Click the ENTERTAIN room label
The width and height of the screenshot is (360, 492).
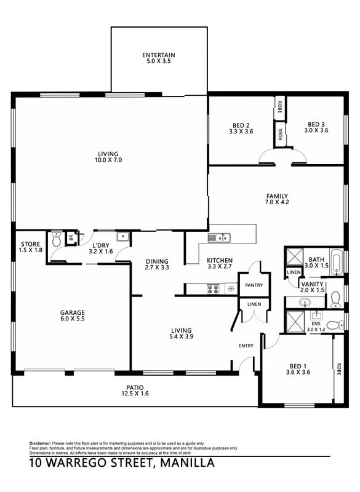click(x=159, y=55)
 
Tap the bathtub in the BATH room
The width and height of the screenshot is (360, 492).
click(x=337, y=263)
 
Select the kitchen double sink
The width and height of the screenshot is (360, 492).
click(x=219, y=238)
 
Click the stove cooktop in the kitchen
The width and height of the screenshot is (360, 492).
click(x=213, y=288)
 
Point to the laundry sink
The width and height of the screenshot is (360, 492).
click(x=122, y=237)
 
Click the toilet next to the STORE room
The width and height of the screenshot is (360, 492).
click(x=57, y=239)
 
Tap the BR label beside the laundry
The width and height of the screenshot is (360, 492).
click(x=71, y=238)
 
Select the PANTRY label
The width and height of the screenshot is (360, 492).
click(x=254, y=285)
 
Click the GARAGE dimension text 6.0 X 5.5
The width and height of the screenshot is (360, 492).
click(x=73, y=319)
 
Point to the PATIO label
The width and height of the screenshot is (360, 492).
click(x=135, y=387)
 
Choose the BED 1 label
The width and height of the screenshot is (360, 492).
click(x=298, y=366)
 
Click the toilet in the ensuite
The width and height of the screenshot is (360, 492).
click(x=335, y=325)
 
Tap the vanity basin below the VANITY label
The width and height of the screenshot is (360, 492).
click(x=304, y=303)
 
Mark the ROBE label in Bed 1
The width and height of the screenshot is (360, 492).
click(x=338, y=369)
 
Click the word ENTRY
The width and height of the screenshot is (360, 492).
click(x=246, y=346)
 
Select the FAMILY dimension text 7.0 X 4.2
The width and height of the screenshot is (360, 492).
click(x=277, y=202)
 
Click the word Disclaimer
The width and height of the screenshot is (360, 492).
click(x=40, y=443)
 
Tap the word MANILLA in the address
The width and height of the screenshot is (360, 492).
click(x=187, y=463)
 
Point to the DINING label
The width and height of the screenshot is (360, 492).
click(x=157, y=261)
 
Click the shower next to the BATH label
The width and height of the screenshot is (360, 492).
click(x=294, y=256)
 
